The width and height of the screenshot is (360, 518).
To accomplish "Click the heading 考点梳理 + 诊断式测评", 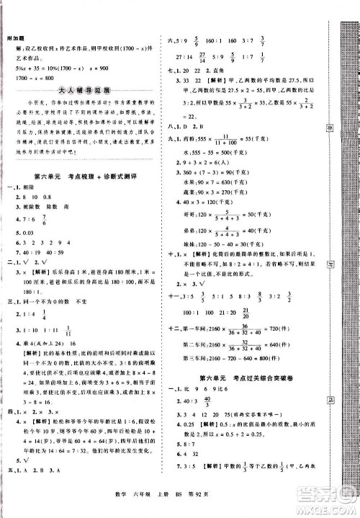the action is (104, 177).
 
